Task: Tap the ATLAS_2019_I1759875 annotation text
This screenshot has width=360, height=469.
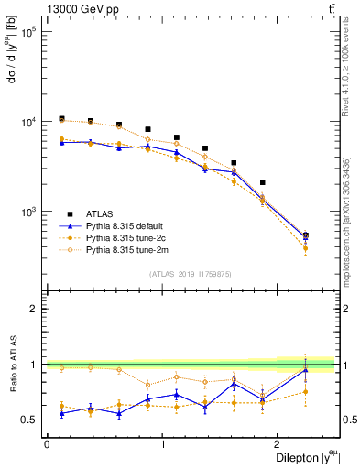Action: tap(190, 272)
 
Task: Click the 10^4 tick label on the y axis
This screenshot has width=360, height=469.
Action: tap(27, 121)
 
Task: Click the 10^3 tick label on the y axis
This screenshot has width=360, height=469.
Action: tap(27, 211)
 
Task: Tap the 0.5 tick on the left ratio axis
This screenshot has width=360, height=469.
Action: tap(32, 420)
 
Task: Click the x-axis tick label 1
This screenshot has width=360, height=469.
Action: tap(162, 445)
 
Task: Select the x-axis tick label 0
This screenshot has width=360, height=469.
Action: tap(46, 445)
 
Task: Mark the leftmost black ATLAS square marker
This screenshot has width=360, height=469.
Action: tap(61, 119)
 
